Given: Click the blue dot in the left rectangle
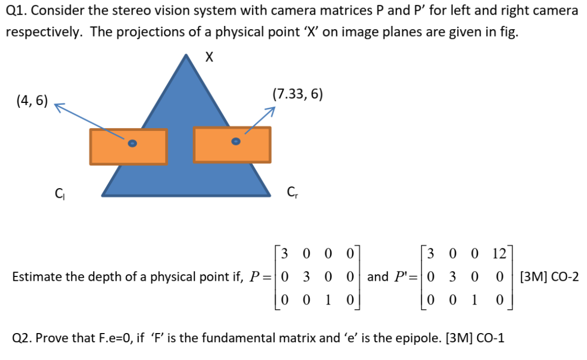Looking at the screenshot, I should [132, 143].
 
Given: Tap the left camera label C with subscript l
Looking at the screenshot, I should [59, 192].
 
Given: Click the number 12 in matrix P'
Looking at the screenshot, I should [498, 253].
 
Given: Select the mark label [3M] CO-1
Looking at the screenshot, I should [476, 338].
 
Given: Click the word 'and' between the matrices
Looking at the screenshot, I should [378, 277].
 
